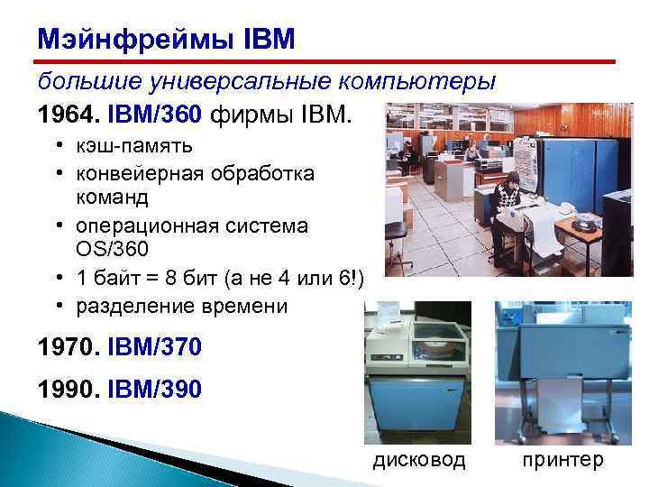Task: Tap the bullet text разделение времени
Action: click(181, 307)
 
